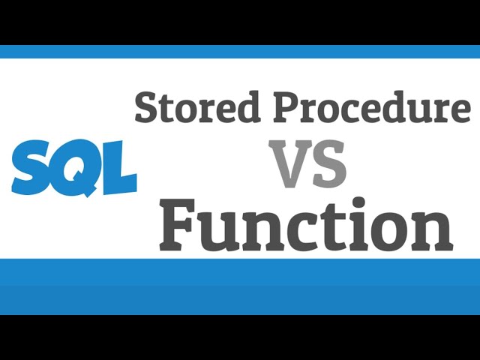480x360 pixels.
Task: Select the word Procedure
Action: [x=372, y=107]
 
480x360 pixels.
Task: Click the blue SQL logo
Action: [x=73, y=166]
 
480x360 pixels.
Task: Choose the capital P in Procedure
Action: [x=286, y=106]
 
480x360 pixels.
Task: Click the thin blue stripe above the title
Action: [x=240, y=52]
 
